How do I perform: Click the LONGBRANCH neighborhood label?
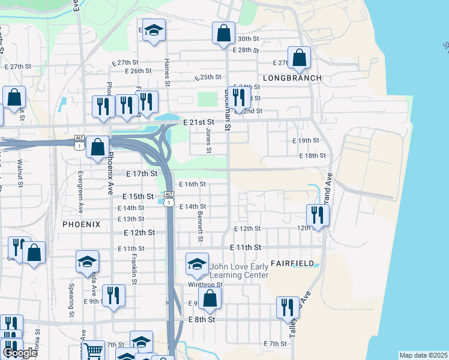click(x=292, y=78)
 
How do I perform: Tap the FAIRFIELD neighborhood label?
click(x=292, y=263)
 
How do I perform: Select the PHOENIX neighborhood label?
click(x=81, y=223)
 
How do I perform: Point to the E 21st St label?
click(x=198, y=122)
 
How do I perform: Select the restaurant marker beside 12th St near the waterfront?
click(x=317, y=214)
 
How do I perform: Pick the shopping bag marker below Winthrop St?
click(x=209, y=298)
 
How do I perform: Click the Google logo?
click(x=20, y=353)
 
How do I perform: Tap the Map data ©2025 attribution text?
click(x=423, y=355)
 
